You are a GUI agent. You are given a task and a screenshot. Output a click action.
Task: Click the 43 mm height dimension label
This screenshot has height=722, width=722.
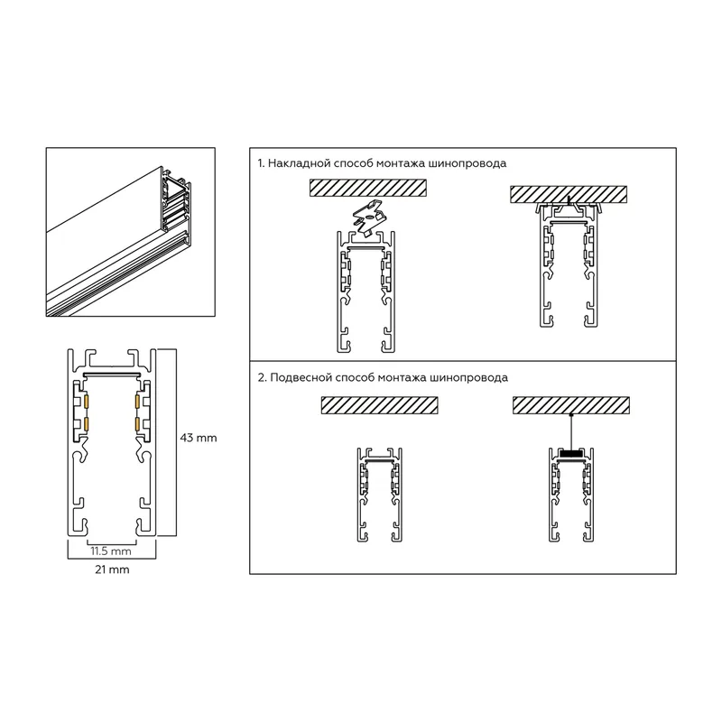pos(198,438)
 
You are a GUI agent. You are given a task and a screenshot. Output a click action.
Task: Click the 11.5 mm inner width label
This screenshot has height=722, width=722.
pos(111,551)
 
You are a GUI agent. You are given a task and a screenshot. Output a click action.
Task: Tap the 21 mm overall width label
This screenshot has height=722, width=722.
pos(112,569)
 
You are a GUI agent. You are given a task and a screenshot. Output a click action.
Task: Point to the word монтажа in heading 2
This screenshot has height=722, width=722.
pos(402,378)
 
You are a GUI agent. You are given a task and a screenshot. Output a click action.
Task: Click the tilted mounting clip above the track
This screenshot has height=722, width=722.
pos(370,217)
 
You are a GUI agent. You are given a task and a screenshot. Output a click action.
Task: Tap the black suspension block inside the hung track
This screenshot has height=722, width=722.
pos(571,454)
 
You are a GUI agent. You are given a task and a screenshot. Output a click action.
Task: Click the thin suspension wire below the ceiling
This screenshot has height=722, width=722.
pos(571,431)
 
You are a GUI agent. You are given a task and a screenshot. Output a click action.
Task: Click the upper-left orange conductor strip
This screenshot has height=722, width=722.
pos(86,403)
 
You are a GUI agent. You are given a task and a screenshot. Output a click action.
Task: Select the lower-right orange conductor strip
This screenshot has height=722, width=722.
pos(137,424)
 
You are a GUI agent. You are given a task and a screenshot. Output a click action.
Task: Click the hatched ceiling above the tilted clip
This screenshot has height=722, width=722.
pos(368,188)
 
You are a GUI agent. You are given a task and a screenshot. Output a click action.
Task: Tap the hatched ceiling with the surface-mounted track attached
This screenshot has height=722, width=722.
pos(569,194)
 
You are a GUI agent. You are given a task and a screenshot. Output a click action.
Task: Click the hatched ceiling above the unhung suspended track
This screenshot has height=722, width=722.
pos(379,405)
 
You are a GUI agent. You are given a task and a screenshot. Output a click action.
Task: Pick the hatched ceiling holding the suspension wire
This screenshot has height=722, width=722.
pos(571,405)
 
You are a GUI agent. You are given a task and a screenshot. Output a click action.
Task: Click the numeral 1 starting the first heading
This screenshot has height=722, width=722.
pos(260,163)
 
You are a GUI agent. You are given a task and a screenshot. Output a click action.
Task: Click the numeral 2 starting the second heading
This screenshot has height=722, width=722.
pos(262,378)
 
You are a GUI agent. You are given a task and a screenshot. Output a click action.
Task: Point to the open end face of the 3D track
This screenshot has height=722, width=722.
pos(175,205)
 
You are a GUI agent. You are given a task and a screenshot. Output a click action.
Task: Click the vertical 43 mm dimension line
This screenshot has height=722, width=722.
pos(176,442)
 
